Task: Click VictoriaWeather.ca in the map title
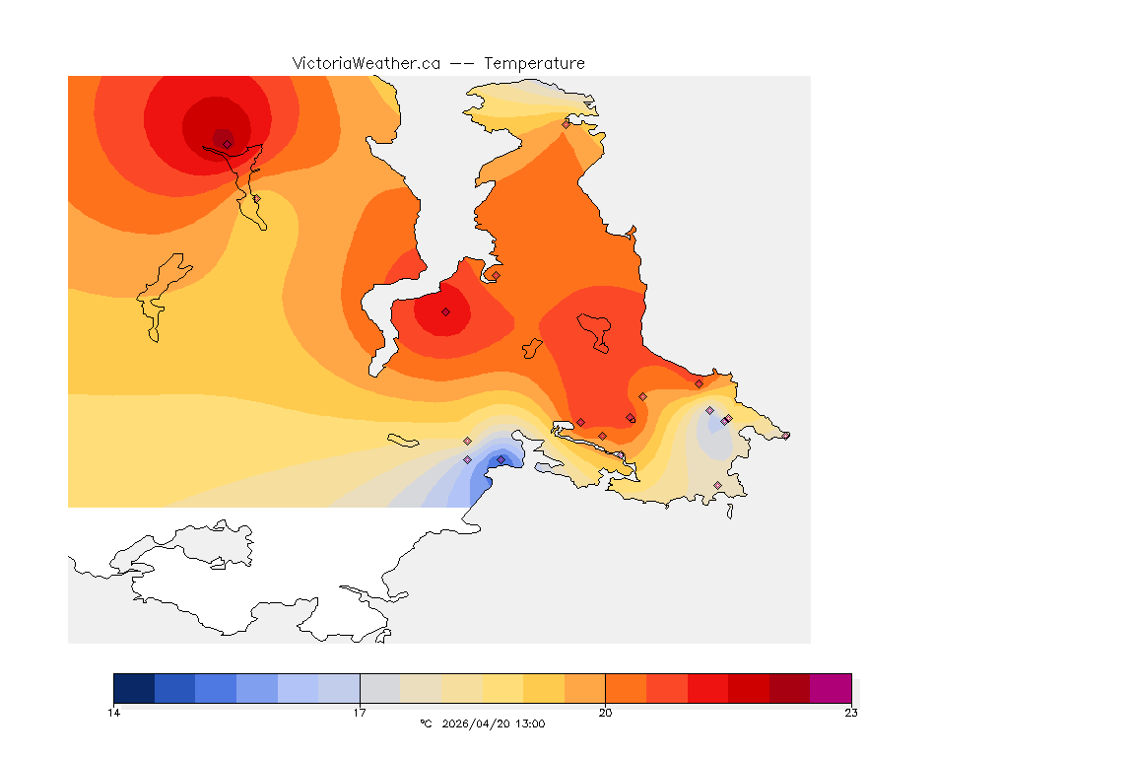click(366, 63)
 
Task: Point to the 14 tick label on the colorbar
click(114, 713)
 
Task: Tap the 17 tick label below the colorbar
click(360, 713)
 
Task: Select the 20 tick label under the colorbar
click(605, 713)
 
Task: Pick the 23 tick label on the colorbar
click(850, 713)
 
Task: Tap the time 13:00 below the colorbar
click(529, 724)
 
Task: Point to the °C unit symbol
click(426, 724)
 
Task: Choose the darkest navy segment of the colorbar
click(134, 687)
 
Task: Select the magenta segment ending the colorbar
click(831, 687)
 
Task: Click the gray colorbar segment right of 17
click(380, 687)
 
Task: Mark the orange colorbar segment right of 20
click(626, 687)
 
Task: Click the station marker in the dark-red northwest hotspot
click(227, 144)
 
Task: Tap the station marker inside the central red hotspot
click(445, 311)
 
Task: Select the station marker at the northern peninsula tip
click(566, 124)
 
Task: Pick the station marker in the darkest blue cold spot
click(501, 459)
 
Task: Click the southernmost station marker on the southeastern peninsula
click(717, 485)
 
